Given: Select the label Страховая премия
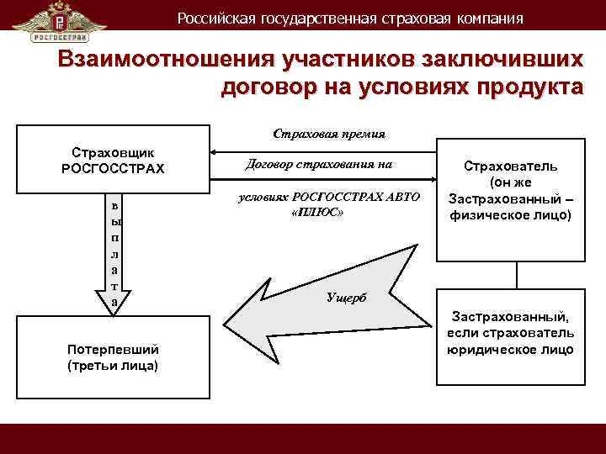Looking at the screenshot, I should [x=329, y=133].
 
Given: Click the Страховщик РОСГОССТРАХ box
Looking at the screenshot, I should [x=113, y=161].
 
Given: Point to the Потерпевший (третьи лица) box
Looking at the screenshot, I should [x=113, y=357].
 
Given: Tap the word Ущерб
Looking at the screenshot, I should [x=345, y=299].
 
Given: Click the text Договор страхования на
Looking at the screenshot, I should [x=319, y=164].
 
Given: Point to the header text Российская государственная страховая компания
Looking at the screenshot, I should [x=349, y=18].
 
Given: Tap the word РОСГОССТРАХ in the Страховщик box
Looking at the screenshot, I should [x=113, y=168].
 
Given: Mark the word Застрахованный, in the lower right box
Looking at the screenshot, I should [x=510, y=317].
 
